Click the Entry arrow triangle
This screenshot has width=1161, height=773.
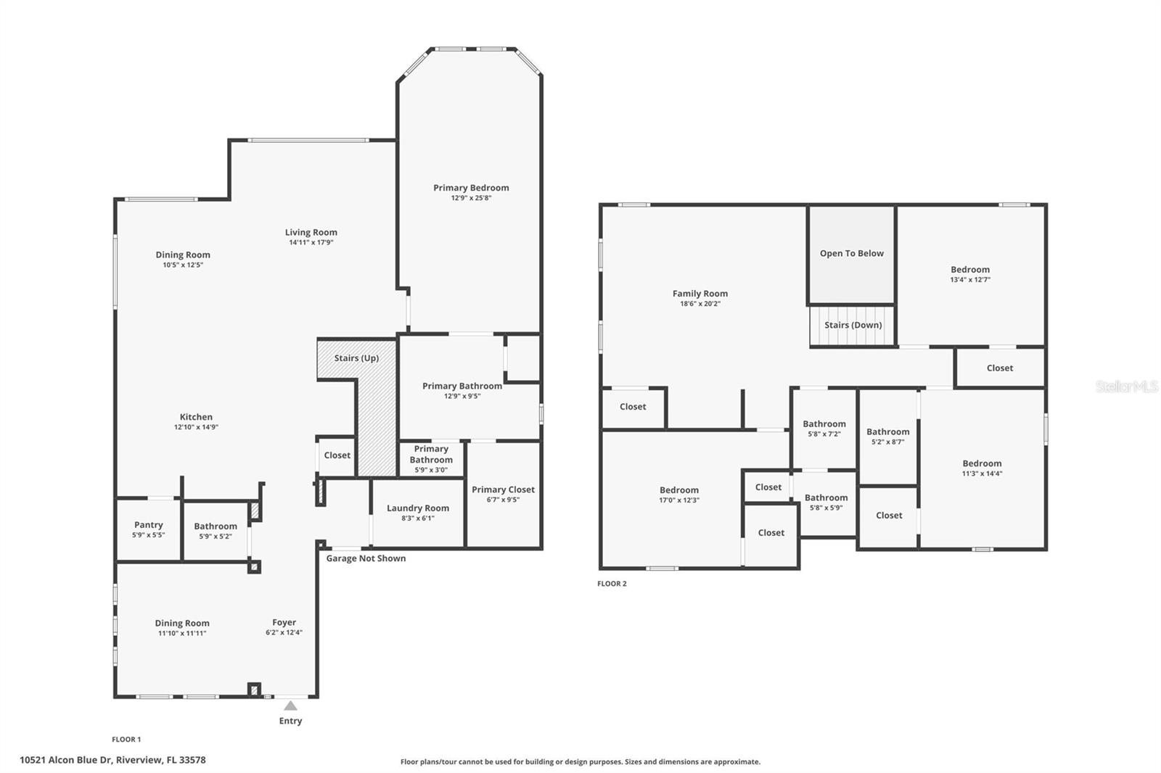[x=290, y=706]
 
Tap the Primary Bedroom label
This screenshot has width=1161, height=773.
[x=471, y=188]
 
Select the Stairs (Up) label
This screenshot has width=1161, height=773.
[x=356, y=358]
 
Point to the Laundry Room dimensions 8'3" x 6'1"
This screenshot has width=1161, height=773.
[x=417, y=518]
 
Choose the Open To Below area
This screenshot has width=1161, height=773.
[x=851, y=254]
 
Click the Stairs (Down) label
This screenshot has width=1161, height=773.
[x=853, y=325]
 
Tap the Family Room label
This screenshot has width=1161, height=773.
[x=700, y=294]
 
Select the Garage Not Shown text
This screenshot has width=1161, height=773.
[x=366, y=558]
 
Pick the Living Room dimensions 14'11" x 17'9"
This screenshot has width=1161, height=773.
[x=311, y=242]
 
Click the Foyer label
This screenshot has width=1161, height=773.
[x=284, y=622]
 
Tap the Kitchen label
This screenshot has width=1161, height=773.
[x=196, y=417]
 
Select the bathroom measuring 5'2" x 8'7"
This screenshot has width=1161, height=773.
[x=887, y=436]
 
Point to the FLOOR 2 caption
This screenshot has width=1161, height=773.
[x=612, y=584]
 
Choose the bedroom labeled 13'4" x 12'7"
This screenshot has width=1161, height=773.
[x=969, y=273]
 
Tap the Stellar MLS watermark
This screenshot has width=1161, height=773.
[x=1126, y=386]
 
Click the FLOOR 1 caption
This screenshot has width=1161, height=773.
[x=126, y=740]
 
